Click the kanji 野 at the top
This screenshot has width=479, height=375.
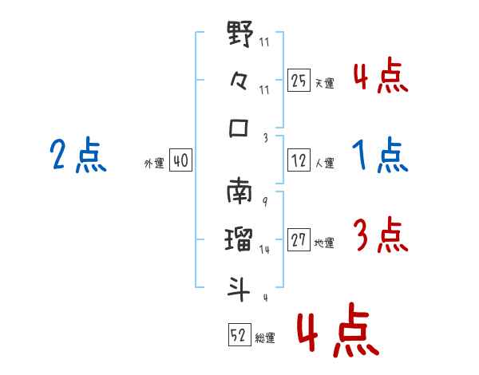[x=239, y=36]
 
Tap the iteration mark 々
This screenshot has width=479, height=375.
[x=239, y=81]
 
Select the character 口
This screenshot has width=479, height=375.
[x=239, y=128]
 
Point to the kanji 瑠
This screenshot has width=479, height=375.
[x=239, y=240]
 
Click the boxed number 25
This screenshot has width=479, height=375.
[x=299, y=81]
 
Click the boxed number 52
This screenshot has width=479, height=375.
[x=238, y=336]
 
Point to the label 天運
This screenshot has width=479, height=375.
[x=324, y=83]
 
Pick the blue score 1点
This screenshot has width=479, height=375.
[x=380, y=155]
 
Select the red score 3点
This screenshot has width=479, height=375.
[x=380, y=235]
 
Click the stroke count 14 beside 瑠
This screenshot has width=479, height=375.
[x=264, y=250]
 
